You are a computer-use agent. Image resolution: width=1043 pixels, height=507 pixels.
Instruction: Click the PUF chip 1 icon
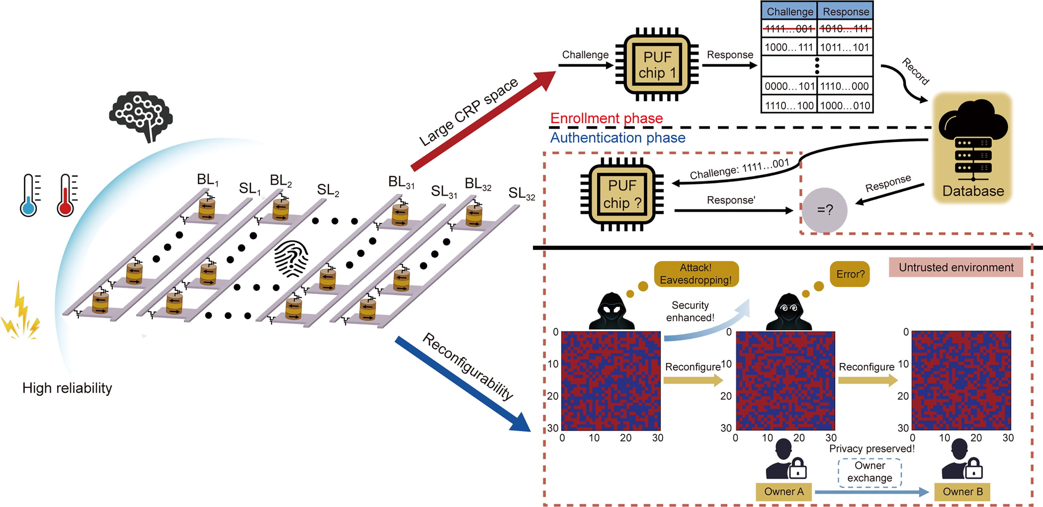click(x=657, y=65)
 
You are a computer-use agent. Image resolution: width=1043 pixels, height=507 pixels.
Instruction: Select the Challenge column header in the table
click(x=790, y=11)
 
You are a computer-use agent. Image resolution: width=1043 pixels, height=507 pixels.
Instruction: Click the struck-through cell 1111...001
click(x=789, y=28)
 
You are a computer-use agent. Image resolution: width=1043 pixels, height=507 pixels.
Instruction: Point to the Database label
click(x=973, y=191)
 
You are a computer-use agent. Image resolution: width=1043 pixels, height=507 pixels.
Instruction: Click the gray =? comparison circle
click(x=825, y=210)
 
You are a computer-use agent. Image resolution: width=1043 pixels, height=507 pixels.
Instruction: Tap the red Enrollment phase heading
click(x=606, y=118)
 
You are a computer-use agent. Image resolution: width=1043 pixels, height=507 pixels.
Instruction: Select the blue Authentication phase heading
click(x=618, y=138)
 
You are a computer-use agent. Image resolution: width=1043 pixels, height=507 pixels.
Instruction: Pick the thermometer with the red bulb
click(x=66, y=195)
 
